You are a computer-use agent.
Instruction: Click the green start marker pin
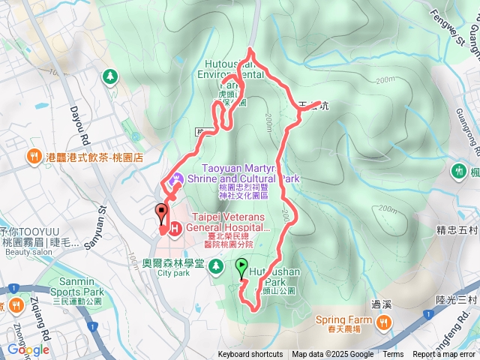241,267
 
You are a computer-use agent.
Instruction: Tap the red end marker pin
160,213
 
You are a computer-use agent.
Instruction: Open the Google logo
28,349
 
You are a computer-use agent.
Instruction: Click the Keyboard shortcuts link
250,355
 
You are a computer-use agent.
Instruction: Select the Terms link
393,355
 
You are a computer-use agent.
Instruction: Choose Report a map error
443,355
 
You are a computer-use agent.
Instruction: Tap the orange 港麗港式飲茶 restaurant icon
34,157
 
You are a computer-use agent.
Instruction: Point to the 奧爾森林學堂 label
173,263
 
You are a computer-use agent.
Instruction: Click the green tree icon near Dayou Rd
111,76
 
